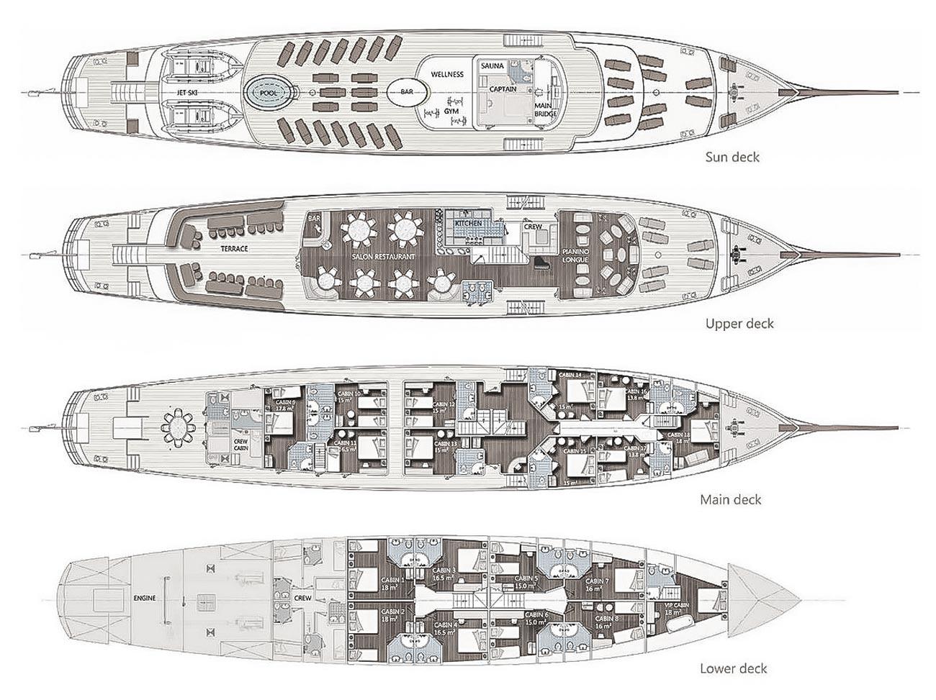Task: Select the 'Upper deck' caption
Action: [739, 323]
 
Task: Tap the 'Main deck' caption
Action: [731, 499]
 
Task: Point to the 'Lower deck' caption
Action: [733, 668]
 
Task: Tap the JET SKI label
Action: [192, 93]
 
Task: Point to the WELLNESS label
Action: [447, 74]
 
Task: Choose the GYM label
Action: [451, 113]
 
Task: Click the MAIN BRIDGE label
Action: [543, 109]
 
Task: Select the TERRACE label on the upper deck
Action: [235, 248]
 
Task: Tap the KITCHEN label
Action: [468, 224]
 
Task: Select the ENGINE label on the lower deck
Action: [145, 598]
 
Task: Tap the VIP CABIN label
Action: [676, 608]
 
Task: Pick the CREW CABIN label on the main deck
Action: [240, 444]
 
